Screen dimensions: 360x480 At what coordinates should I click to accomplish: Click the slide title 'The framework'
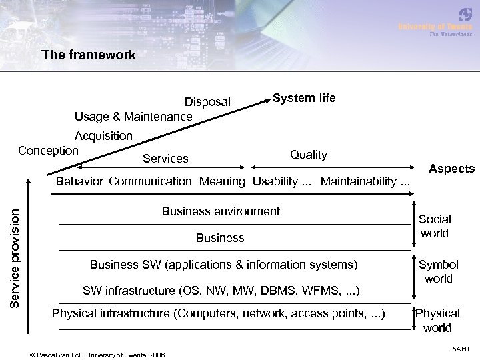click(x=88, y=55)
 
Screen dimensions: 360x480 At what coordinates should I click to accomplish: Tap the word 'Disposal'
click(x=207, y=102)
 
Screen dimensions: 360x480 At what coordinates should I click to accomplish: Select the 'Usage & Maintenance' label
click(x=133, y=117)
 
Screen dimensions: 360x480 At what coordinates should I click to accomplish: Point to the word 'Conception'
click(x=48, y=150)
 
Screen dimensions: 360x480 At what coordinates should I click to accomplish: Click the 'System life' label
click(x=304, y=98)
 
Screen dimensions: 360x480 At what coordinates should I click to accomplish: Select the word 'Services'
click(x=166, y=159)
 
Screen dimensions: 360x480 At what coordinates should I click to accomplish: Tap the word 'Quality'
click(x=309, y=155)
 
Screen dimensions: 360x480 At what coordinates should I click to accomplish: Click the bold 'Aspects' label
click(x=451, y=169)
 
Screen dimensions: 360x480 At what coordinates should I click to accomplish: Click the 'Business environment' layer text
click(x=221, y=211)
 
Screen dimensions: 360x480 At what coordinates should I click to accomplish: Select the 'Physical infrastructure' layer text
click(x=218, y=313)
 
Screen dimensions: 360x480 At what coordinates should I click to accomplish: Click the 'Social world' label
click(x=435, y=226)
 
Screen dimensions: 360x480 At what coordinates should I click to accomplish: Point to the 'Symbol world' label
click(x=438, y=271)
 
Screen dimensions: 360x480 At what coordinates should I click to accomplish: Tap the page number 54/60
click(x=460, y=348)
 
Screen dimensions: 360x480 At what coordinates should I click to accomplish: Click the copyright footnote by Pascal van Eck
click(x=99, y=353)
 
